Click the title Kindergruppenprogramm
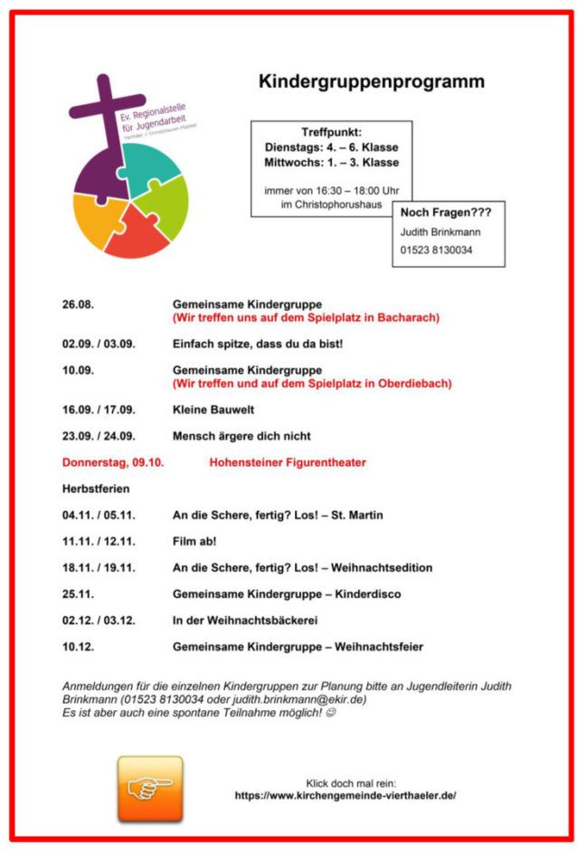point(371,81)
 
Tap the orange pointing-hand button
point(149,788)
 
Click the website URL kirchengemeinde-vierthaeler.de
point(345,795)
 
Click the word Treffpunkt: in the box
point(331,132)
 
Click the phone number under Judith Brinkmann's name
point(436,250)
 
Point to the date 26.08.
point(78,305)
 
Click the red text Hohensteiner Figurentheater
point(288,462)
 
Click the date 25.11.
point(78,594)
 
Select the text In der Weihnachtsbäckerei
point(245,621)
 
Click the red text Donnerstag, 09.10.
point(113,462)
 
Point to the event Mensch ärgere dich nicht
point(241,436)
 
